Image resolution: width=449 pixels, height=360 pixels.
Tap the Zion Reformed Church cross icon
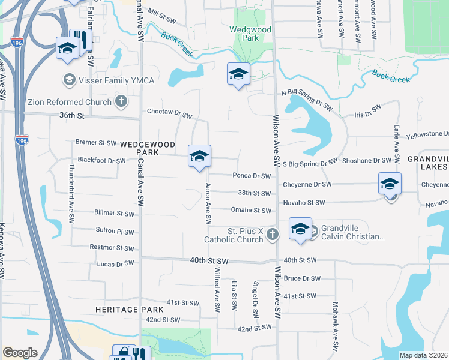pos(121,102)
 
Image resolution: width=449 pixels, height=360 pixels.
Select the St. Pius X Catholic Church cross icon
pos(273,235)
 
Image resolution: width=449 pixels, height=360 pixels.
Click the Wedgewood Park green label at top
pos(250,34)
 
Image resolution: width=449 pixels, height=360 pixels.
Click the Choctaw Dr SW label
pos(170,112)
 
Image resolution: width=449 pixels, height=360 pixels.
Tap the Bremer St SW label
pos(96,143)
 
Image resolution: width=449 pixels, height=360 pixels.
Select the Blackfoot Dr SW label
pos(102,161)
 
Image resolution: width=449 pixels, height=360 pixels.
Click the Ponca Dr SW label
pos(252,176)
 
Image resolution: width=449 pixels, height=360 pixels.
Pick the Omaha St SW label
pos(252,210)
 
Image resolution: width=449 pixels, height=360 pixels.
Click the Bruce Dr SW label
pos(302,278)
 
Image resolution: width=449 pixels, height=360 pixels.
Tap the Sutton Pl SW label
pos(115,230)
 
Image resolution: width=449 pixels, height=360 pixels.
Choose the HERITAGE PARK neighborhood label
pos(129,309)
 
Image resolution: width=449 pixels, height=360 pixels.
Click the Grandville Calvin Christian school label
pos(352,232)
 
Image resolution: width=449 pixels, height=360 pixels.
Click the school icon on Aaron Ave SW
pos(199,157)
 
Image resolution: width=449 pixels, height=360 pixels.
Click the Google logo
pos(20,353)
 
